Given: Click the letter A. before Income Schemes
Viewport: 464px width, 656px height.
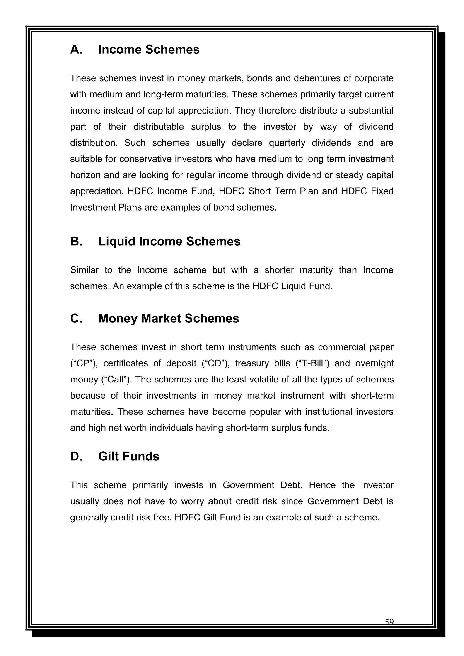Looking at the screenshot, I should tap(76, 50).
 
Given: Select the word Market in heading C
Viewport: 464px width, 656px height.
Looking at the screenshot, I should tap(161, 319).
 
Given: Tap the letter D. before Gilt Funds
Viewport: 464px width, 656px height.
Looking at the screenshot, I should tap(76, 456).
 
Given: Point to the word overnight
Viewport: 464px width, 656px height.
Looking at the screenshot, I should tap(374, 363).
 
